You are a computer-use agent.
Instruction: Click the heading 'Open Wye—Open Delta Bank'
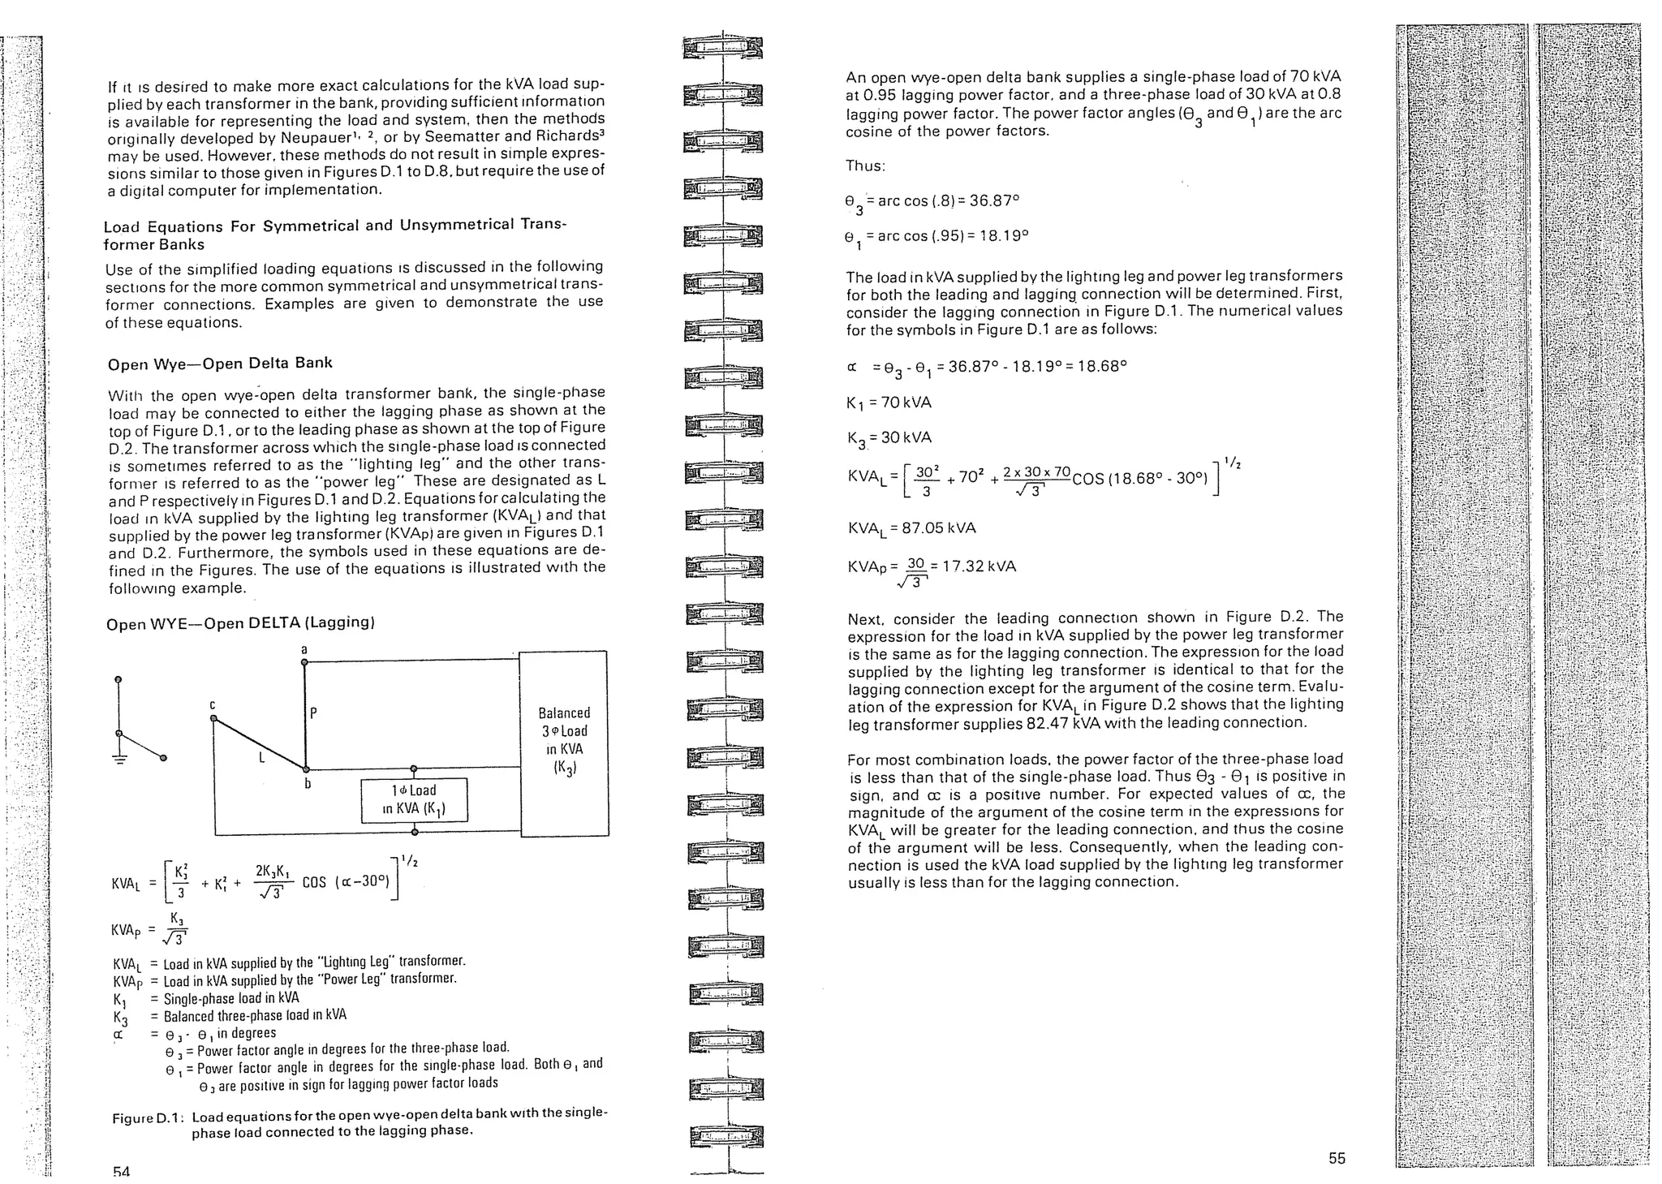[220, 364]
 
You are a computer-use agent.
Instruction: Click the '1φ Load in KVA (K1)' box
[414, 800]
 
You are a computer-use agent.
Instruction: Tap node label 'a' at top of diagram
[304, 649]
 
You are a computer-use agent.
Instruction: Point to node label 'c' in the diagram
[213, 704]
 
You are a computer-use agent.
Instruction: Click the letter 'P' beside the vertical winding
[313, 714]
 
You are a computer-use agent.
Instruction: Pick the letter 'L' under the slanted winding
[261, 758]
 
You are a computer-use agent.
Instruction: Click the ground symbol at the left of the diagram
[119, 760]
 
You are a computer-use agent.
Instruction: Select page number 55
[1337, 1158]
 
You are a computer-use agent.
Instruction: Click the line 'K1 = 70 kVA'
[889, 403]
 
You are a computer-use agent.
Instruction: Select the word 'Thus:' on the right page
[865, 166]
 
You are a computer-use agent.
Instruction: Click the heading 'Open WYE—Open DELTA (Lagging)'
[240, 623]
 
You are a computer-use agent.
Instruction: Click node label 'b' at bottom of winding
[308, 784]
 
